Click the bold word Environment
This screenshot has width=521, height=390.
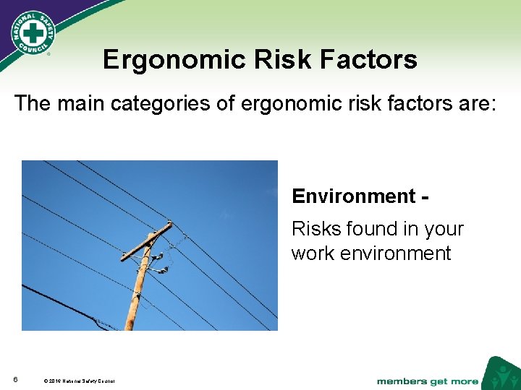[349, 196]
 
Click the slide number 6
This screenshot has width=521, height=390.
[15, 380]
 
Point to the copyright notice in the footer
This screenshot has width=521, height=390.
[79, 381]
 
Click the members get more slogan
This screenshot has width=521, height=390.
[427, 381]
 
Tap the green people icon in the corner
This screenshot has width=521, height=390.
[501, 374]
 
